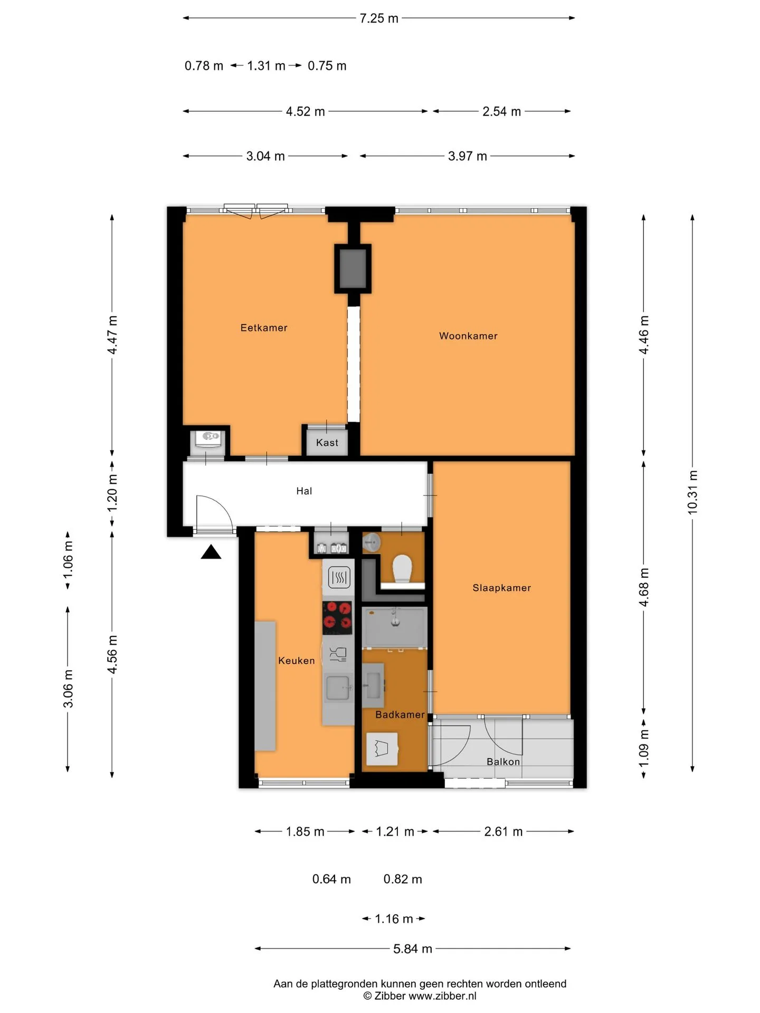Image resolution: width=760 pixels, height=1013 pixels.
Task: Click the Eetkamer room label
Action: pyautogui.click(x=264, y=328)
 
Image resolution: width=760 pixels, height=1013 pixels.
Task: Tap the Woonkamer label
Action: pyautogui.click(x=468, y=336)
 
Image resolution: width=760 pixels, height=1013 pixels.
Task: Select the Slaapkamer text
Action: pyautogui.click(x=501, y=588)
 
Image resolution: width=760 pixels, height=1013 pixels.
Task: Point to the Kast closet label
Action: pyautogui.click(x=327, y=443)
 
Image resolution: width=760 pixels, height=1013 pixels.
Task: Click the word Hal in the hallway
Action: pyautogui.click(x=304, y=491)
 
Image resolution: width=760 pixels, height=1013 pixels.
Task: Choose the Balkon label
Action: pyautogui.click(x=503, y=761)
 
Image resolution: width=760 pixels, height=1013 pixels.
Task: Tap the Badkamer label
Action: pyautogui.click(x=400, y=714)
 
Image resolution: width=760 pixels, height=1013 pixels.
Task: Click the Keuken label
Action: pyautogui.click(x=296, y=661)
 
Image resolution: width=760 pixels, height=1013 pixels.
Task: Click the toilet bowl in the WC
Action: pyautogui.click(x=402, y=568)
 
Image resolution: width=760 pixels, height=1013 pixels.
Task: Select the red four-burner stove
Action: pyautogui.click(x=338, y=617)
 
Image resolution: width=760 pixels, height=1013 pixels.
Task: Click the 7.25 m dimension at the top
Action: pyautogui.click(x=379, y=18)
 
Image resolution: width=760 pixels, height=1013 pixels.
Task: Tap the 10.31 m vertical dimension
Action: pyautogui.click(x=692, y=492)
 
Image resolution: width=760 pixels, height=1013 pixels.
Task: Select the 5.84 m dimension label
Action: pyautogui.click(x=413, y=949)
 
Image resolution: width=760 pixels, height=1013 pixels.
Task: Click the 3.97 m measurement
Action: pyautogui.click(x=468, y=156)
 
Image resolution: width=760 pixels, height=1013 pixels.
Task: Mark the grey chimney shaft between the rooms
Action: pyautogui.click(x=353, y=269)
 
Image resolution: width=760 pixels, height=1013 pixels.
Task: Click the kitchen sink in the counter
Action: pyautogui.click(x=338, y=688)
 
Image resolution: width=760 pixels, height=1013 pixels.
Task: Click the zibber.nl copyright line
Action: pyautogui.click(x=420, y=996)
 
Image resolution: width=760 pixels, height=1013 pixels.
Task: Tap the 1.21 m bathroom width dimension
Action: pyautogui.click(x=395, y=832)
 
